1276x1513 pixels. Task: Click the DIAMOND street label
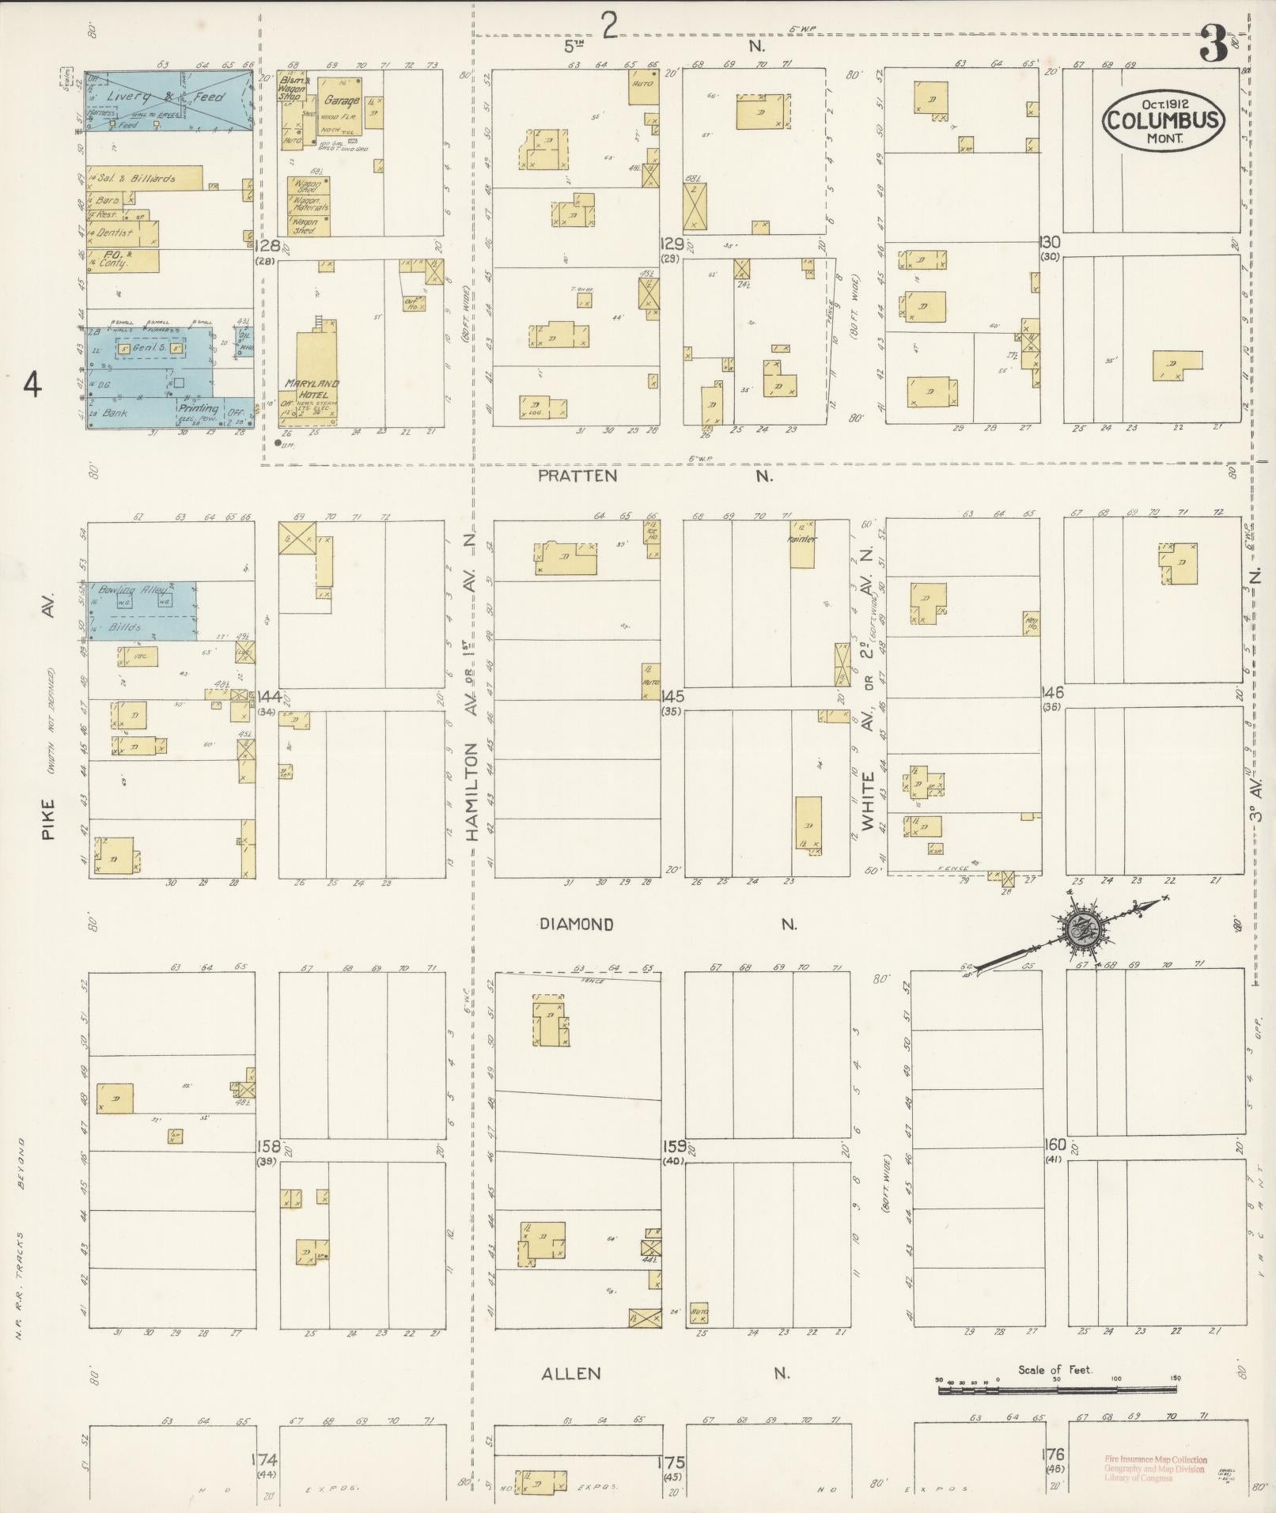pos(577,924)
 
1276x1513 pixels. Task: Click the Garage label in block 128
pos(342,100)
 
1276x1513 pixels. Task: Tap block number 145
pos(673,697)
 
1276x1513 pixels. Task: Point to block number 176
pos(1054,1454)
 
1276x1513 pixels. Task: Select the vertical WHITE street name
pos(869,801)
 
